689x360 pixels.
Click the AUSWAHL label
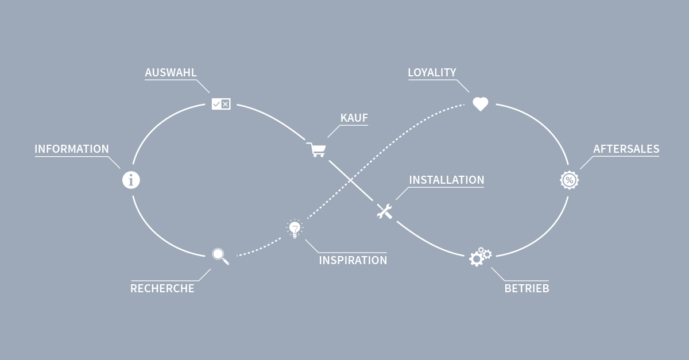[x=171, y=72]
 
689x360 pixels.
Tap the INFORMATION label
[x=72, y=149]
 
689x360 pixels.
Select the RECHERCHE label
[x=162, y=289]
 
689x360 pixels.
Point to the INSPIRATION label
[x=353, y=260]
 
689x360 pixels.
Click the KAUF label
[x=354, y=118]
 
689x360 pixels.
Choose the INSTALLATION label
[x=447, y=180]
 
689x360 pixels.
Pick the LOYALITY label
[x=432, y=72]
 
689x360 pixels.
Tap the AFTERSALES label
[x=626, y=149]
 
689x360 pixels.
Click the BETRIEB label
[x=527, y=289]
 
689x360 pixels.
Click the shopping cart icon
[x=316, y=149]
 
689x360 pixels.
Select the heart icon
[x=480, y=104]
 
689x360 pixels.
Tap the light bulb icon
[x=295, y=229]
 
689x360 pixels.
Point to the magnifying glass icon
[x=220, y=256]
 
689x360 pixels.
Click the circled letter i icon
[x=131, y=180]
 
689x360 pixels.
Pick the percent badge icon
[x=569, y=180]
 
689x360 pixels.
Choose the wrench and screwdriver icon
[x=385, y=211]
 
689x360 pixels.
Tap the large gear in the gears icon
[x=476, y=259]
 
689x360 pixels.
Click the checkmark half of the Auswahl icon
[x=216, y=104]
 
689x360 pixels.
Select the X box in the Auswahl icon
[x=226, y=104]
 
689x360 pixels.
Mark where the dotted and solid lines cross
[x=350, y=181]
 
